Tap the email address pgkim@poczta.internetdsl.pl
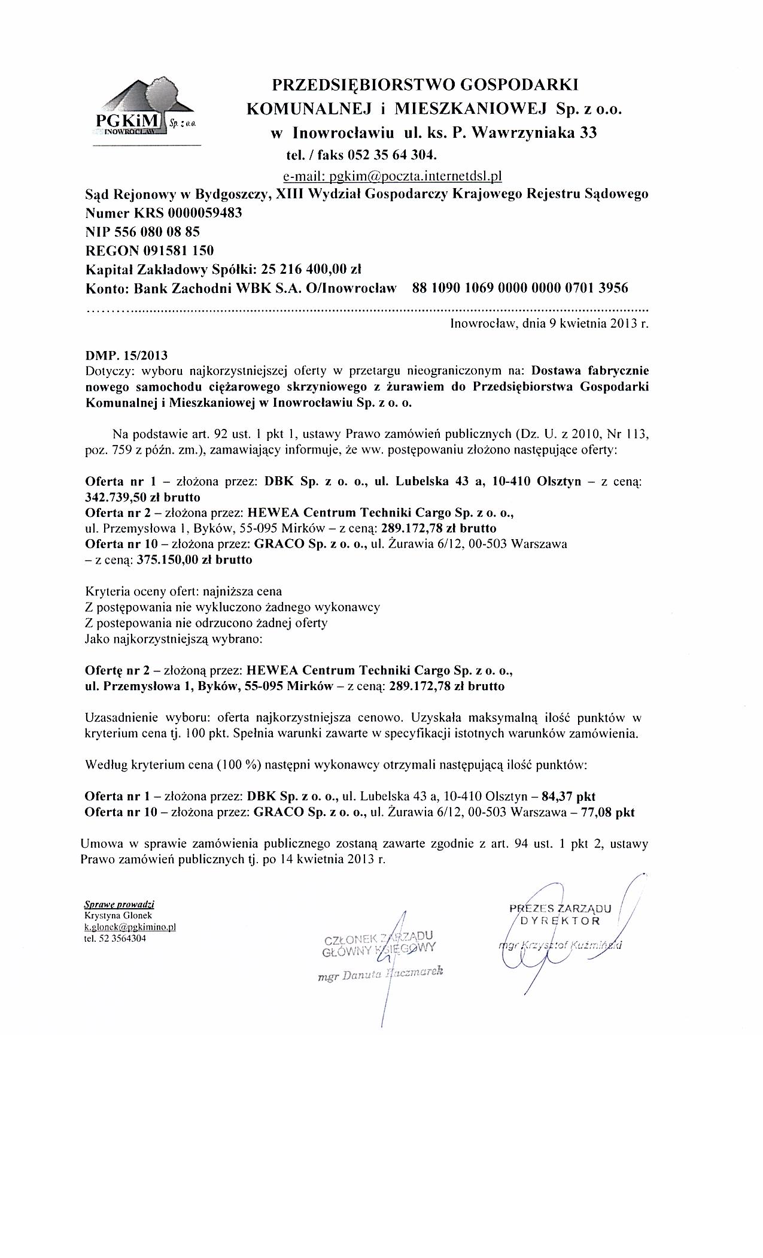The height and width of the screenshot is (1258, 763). [x=392, y=176]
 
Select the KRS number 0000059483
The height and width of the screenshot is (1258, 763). [x=205, y=213]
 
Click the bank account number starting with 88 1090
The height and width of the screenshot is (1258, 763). [x=521, y=288]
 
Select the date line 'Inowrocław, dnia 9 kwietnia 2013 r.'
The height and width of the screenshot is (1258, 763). [x=549, y=325]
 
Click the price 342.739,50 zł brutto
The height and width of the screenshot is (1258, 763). [x=143, y=497]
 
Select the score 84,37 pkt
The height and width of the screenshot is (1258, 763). [x=568, y=797]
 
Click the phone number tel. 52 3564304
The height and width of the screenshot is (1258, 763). [x=115, y=938]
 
